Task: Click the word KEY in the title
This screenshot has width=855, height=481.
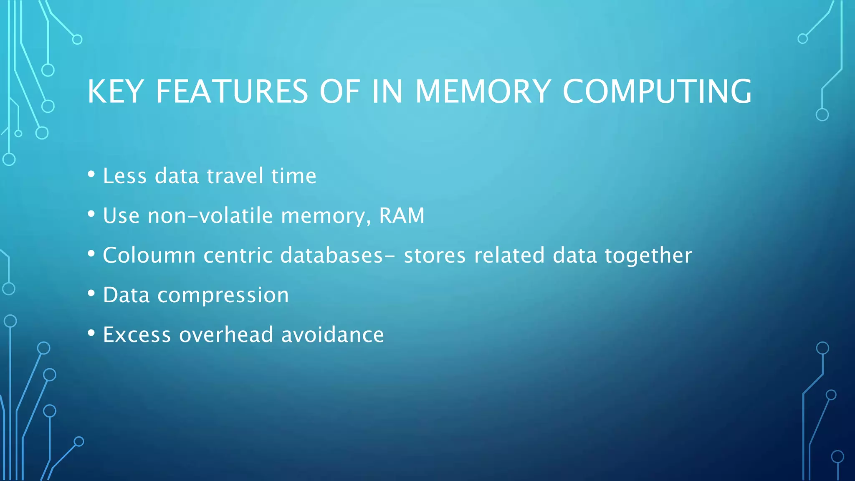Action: pyautogui.click(x=116, y=91)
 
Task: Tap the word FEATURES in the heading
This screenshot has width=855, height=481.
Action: pyautogui.click(x=232, y=91)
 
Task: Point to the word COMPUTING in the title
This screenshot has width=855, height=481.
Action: pyautogui.click(x=657, y=91)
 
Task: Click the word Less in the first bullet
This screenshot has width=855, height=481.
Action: pyautogui.click(x=125, y=176)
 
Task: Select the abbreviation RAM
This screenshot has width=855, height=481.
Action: pyautogui.click(x=402, y=216)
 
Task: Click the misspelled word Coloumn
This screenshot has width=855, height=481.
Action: pyautogui.click(x=149, y=256)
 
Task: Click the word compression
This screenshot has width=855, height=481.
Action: pyautogui.click(x=223, y=295)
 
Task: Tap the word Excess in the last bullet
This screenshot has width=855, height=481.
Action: pyautogui.click(x=137, y=335)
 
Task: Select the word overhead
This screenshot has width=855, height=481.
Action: pyautogui.click(x=226, y=335)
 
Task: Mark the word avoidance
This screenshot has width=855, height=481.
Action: pyautogui.click(x=332, y=335)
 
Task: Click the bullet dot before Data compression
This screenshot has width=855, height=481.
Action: pyautogui.click(x=91, y=294)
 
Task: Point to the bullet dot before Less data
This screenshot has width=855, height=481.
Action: pyautogui.click(x=91, y=174)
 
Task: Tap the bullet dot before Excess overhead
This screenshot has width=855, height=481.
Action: pyautogui.click(x=91, y=333)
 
